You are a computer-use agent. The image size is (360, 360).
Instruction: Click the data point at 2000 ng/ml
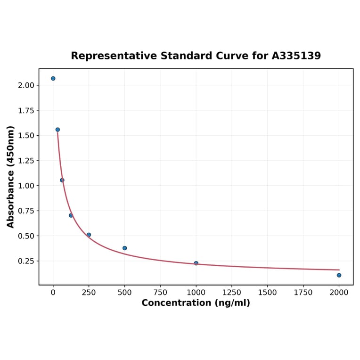(339, 275)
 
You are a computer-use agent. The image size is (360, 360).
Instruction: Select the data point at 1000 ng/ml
(196, 263)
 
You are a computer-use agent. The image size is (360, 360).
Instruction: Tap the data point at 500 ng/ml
(125, 248)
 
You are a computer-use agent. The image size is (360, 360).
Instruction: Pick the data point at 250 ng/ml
(89, 235)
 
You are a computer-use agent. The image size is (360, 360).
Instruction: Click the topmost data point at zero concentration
(53, 78)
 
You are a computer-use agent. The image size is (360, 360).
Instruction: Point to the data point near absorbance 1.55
(57, 130)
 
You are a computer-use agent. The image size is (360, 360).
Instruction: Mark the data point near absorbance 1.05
(62, 180)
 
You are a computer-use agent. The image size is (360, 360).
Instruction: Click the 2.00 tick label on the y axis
(26, 85)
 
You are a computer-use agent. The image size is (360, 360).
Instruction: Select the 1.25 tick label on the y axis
(26, 161)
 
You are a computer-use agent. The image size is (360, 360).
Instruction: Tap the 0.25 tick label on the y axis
(26, 261)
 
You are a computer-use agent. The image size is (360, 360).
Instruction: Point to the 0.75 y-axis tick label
(26, 211)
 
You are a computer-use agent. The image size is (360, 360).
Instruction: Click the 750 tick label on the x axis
(160, 292)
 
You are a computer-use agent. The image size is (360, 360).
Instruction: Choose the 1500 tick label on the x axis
(268, 292)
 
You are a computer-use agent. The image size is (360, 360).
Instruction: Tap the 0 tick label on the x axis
(53, 292)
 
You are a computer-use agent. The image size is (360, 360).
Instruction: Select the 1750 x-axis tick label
(303, 292)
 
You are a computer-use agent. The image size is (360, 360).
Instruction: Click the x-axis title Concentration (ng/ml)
(196, 303)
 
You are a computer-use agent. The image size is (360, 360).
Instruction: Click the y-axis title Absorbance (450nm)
(10, 177)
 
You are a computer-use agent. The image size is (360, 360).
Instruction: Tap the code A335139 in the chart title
(296, 56)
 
